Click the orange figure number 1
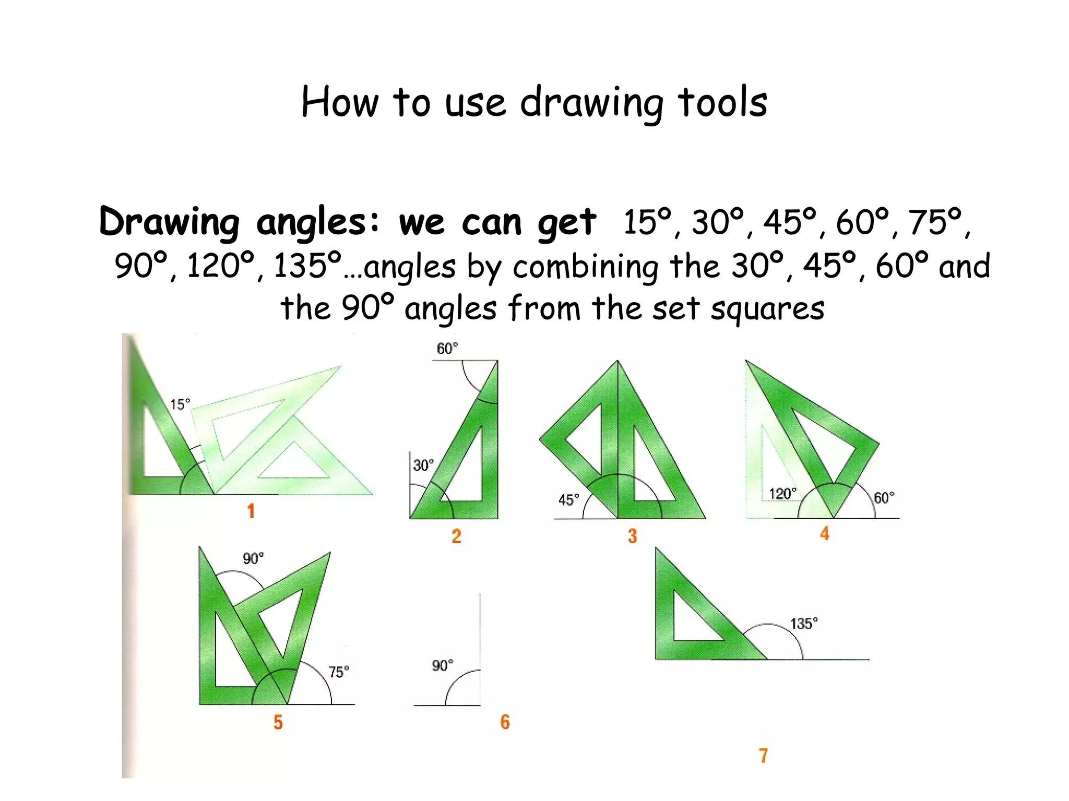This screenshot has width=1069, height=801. pyautogui.click(x=251, y=511)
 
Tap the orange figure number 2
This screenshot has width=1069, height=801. pyautogui.click(x=456, y=536)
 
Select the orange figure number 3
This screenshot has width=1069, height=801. pyautogui.click(x=632, y=536)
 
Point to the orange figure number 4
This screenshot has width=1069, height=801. pyautogui.click(x=825, y=533)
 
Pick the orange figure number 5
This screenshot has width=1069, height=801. pyautogui.click(x=278, y=722)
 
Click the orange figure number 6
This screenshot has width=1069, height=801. pyautogui.click(x=505, y=722)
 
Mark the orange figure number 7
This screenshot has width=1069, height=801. pyautogui.click(x=763, y=756)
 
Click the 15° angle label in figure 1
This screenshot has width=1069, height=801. pyautogui.click(x=180, y=404)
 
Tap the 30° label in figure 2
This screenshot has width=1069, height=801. pyautogui.click(x=423, y=465)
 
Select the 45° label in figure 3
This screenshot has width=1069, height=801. pyautogui.click(x=568, y=500)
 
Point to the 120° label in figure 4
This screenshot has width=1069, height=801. pyautogui.click(x=782, y=494)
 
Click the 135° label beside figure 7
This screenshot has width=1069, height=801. pyautogui.click(x=804, y=624)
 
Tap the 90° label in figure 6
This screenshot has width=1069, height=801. pyautogui.click(x=443, y=665)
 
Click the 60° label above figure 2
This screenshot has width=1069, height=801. pyautogui.click(x=447, y=348)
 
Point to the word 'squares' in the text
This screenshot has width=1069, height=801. pyautogui.click(x=767, y=309)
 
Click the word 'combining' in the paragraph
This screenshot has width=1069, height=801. pyautogui.click(x=585, y=267)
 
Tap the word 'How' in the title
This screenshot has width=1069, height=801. pyautogui.click(x=340, y=102)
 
